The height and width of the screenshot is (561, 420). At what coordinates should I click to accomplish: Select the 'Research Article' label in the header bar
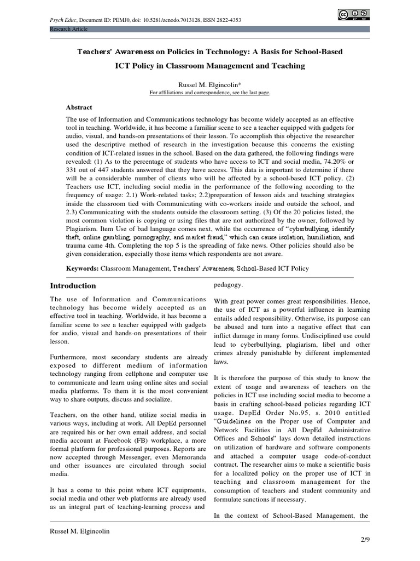click(69, 28)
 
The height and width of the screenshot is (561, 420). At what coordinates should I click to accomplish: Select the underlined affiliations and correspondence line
click(209, 93)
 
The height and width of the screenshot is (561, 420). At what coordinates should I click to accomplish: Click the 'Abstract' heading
click(79, 107)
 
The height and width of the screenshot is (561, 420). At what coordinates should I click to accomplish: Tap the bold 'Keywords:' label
click(82, 268)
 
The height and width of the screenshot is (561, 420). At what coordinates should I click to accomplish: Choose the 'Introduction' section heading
click(73, 285)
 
